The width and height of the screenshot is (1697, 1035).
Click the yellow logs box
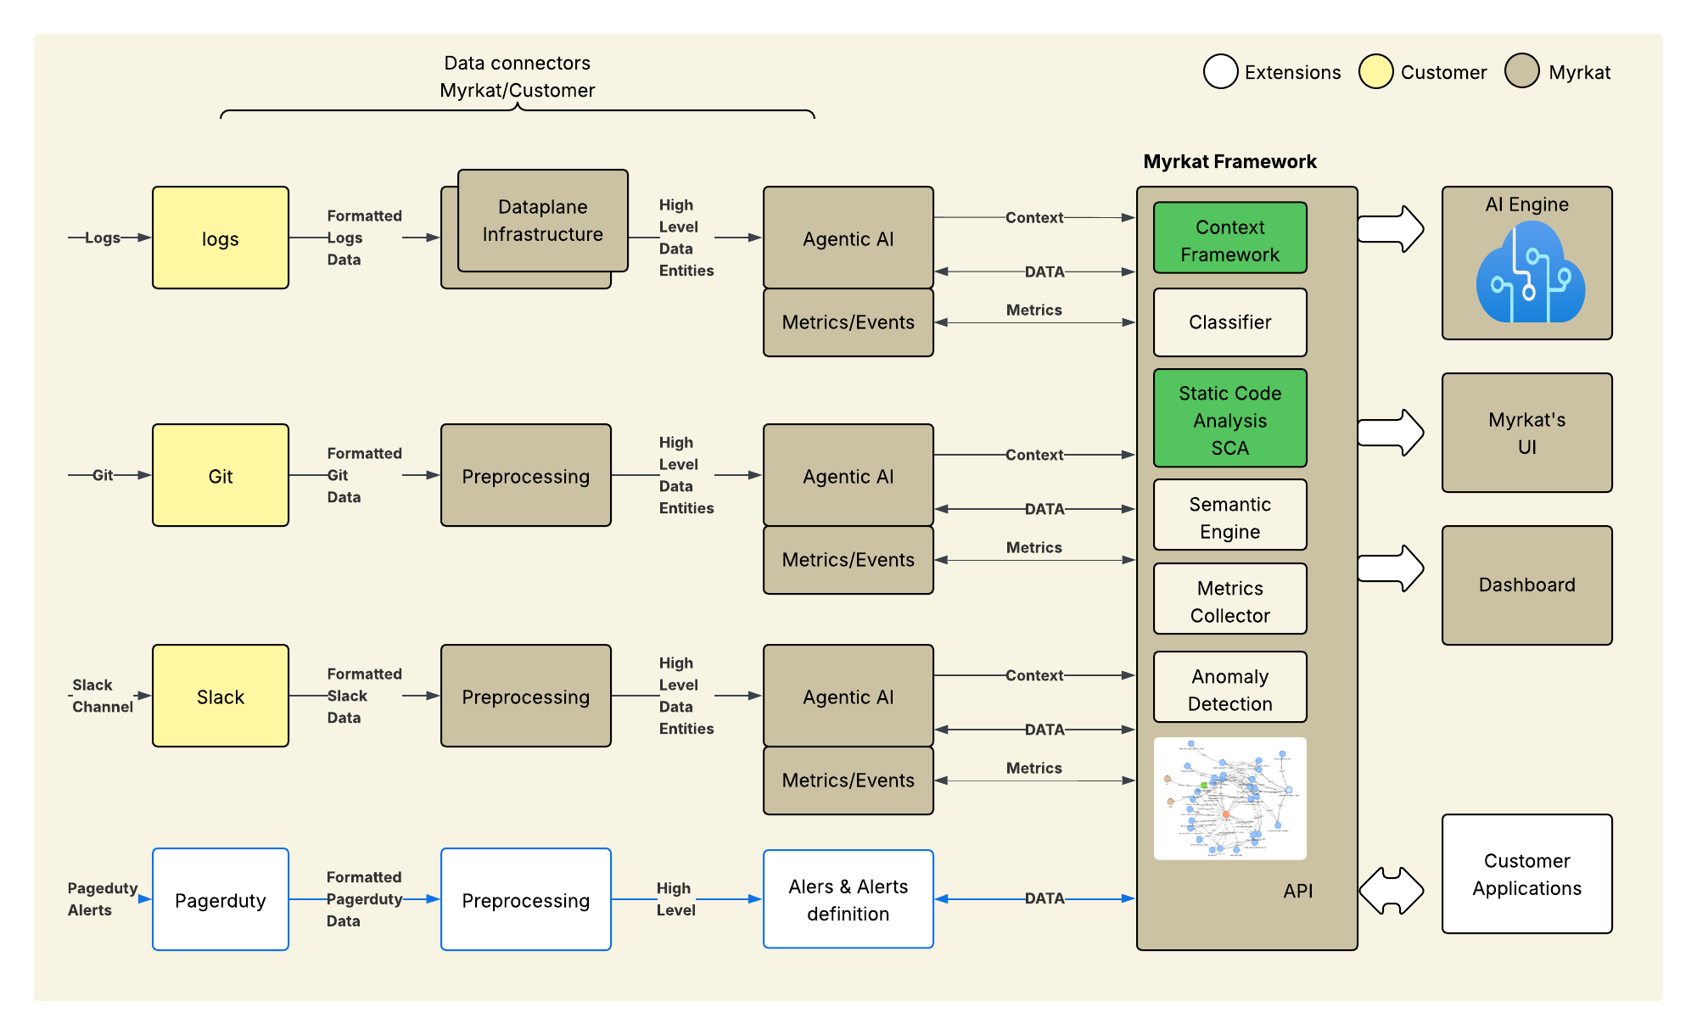(x=221, y=238)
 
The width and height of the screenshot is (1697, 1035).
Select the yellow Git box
(x=221, y=475)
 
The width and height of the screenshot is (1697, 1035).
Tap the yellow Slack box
(x=221, y=696)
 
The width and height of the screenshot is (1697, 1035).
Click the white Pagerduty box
(x=221, y=899)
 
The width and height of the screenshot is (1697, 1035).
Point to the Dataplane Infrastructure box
(x=543, y=221)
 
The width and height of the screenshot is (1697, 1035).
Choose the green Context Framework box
(x=1229, y=238)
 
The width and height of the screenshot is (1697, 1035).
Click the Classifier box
(x=1229, y=322)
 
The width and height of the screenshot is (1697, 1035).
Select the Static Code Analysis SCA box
(x=1229, y=419)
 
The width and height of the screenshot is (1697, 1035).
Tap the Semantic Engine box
(x=1229, y=516)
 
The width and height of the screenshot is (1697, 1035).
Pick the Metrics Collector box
(x=1229, y=600)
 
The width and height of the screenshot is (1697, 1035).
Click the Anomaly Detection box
(x=1229, y=688)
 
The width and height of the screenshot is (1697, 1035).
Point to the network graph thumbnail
(x=1229, y=798)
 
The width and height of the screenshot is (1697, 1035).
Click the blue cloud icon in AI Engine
(x=1530, y=273)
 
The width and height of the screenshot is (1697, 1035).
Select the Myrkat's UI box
(x=1526, y=433)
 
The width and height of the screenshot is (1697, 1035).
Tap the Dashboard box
(x=1526, y=585)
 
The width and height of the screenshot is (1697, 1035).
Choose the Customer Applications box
(x=1526, y=874)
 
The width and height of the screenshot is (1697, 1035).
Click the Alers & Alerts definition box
(x=848, y=899)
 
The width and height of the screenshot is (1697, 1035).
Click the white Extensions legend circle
(x=1220, y=71)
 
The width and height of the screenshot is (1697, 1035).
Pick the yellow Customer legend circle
(x=1375, y=71)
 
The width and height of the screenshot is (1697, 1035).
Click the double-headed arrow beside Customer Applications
(x=1392, y=891)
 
